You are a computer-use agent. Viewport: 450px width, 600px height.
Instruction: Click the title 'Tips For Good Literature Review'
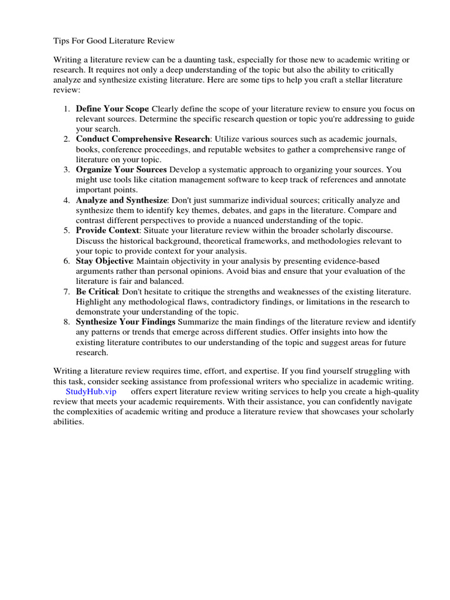click(114, 41)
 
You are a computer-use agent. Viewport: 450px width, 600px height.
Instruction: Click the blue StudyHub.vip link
click(91, 391)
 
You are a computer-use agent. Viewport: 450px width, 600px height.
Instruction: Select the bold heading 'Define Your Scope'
click(112, 109)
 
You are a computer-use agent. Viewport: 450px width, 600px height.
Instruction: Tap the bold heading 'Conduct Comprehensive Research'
click(142, 139)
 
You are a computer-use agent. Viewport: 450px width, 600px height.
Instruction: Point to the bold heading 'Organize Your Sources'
click(121, 170)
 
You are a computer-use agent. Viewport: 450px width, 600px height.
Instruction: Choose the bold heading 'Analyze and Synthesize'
click(121, 200)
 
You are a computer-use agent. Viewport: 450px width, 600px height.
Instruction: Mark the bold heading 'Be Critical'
click(97, 292)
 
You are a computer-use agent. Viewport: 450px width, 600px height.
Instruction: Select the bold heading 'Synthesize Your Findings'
click(125, 322)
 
